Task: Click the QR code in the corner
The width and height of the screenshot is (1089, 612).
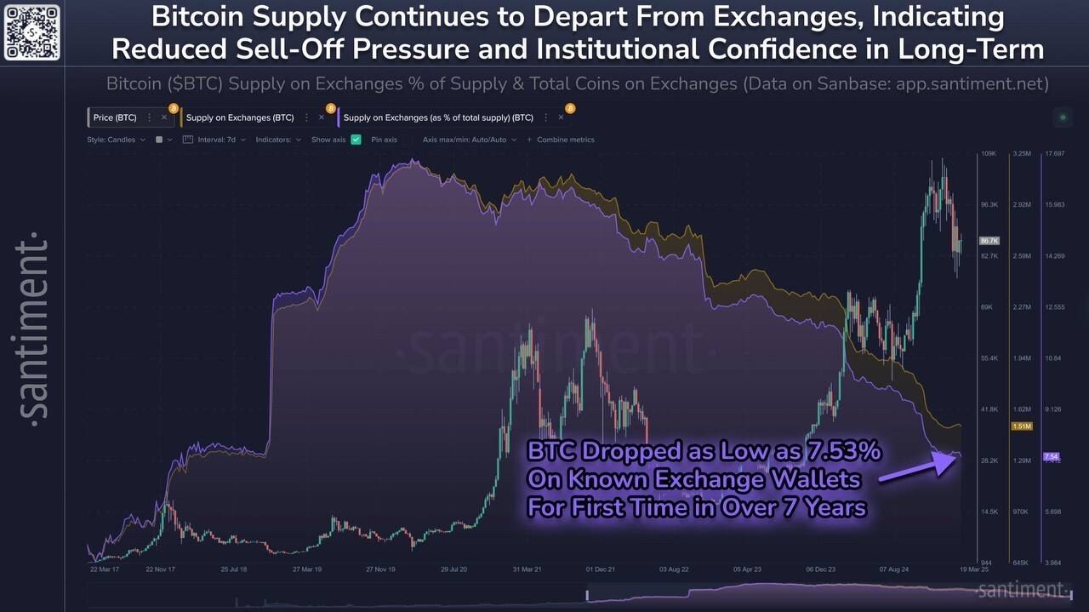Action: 31,31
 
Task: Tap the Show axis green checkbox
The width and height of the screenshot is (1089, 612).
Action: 356,140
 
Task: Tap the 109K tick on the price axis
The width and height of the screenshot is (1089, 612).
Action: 989,154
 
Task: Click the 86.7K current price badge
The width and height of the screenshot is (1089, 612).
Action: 989,241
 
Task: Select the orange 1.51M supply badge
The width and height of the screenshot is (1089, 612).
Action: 1021,426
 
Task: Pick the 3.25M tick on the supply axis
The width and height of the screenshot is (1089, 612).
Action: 1021,154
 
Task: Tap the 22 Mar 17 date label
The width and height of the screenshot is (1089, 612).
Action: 105,569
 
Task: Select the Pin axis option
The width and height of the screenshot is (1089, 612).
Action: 384,140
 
